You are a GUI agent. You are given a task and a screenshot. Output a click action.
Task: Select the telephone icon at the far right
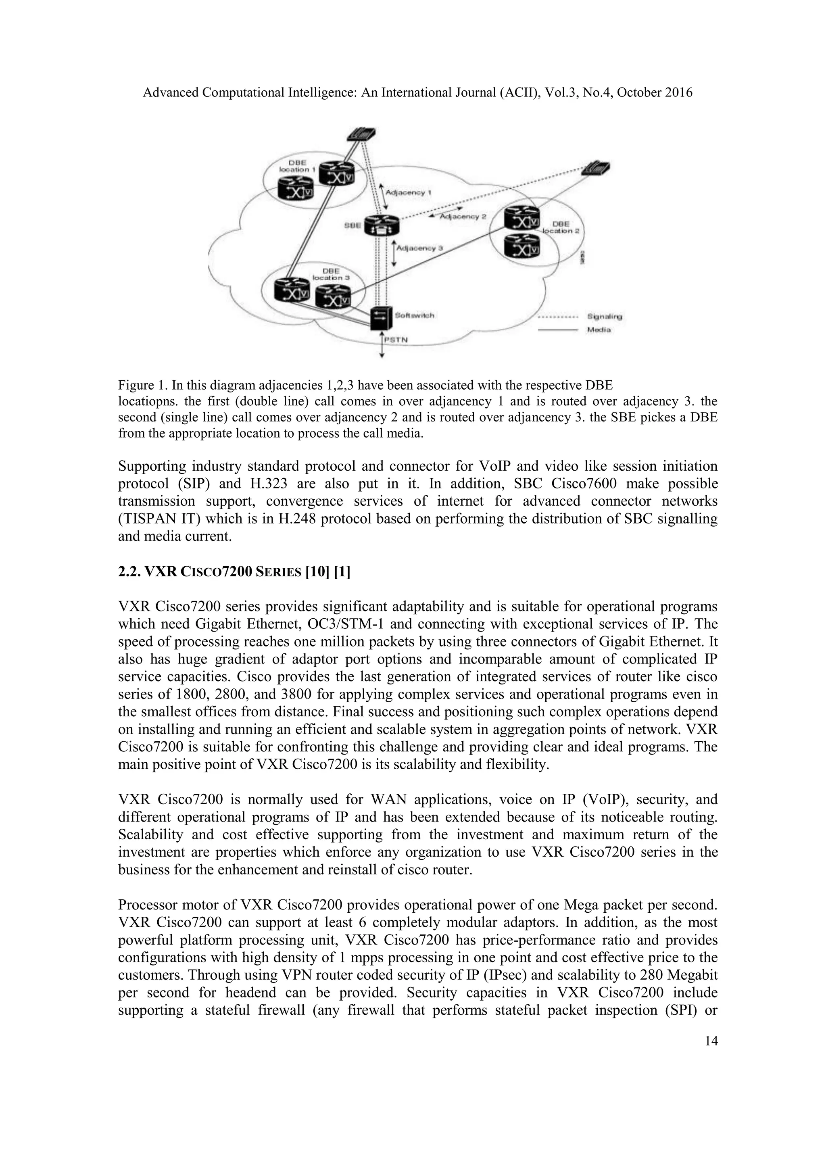pos(596,168)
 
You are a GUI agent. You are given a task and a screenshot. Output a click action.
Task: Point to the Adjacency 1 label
pos(409,193)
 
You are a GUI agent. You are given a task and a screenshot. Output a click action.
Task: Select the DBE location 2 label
pos(562,227)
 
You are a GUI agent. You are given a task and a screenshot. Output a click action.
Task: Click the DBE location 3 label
pos(331,274)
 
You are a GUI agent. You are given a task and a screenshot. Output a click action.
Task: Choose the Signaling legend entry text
pos(604,317)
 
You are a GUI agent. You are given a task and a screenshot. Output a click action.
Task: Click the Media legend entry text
pos(599,330)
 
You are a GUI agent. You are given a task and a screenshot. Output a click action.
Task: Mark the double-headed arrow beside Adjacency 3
pos(394,253)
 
